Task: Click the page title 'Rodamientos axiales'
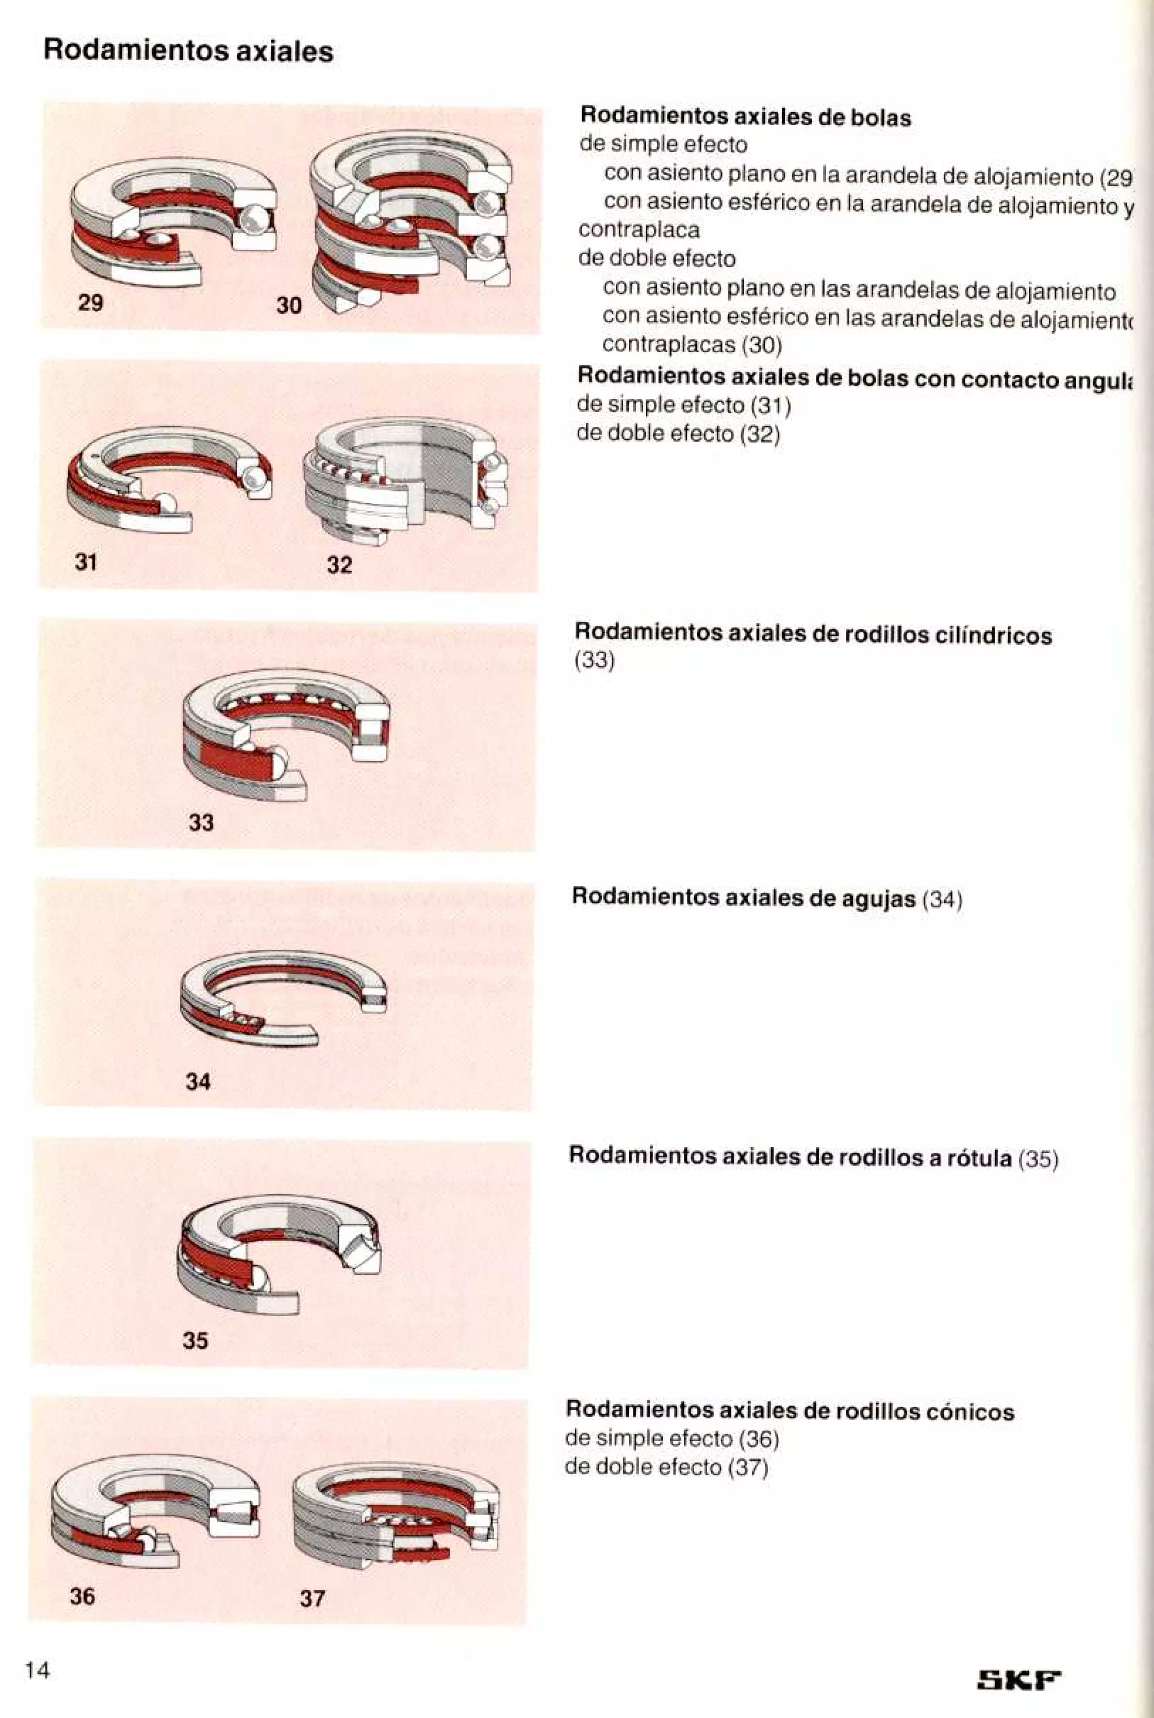pos(188,51)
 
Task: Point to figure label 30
pos(288,305)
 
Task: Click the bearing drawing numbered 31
pos(169,479)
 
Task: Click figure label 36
pos(82,1596)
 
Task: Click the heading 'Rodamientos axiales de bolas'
pos(745,117)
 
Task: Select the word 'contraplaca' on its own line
pos(639,231)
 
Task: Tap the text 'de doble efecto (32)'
pos(678,433)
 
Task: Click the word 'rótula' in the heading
pos(979,1158)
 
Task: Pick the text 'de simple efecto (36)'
pos(671,1438)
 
